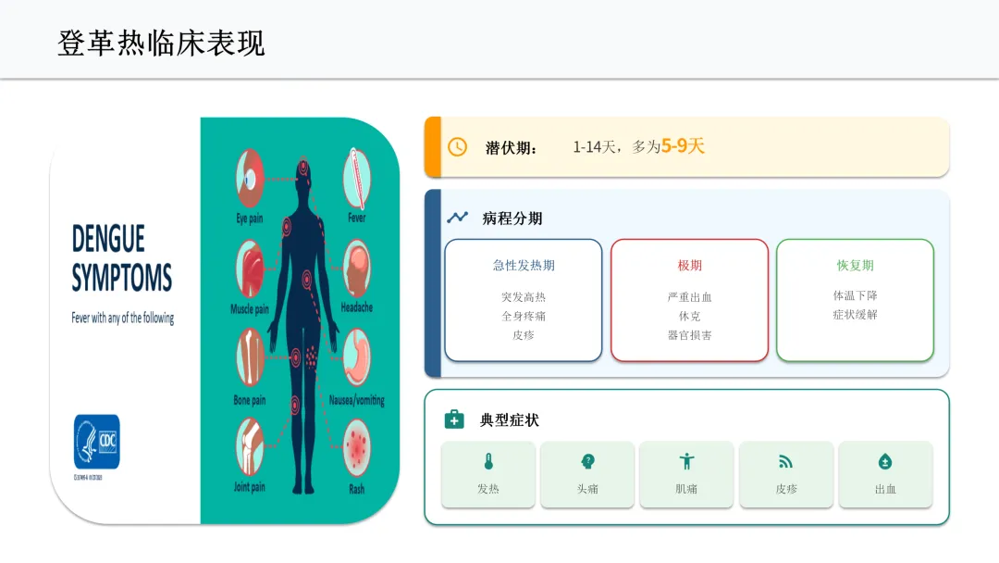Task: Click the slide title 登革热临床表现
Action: [x=161, y=44]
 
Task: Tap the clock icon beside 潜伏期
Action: [x=457, y=147]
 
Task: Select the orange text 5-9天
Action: [x=683, y=146]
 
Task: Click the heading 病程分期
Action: [x=512, y=219]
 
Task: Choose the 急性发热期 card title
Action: [x=524, y=266]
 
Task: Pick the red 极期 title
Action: [x=689, y=266]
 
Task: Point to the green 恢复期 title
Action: [x=855, y=266]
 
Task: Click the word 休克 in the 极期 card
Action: [x=689, y=316]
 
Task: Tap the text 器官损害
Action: [x=689, y=335]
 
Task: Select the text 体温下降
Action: [x=855, y=296]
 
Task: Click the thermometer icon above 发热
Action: [x=488, y=462]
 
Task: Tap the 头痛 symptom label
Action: [x=586, y=489]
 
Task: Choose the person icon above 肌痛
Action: [x=686, y=462]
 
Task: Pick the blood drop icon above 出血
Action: [x=885, y=462]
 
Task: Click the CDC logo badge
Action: [x=97, y=442]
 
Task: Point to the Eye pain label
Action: [x=250, y=219]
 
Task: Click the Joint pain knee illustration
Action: [x=249, y=445]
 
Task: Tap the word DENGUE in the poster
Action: [x=108, y=239]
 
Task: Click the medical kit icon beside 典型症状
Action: [x=454, y=420]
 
